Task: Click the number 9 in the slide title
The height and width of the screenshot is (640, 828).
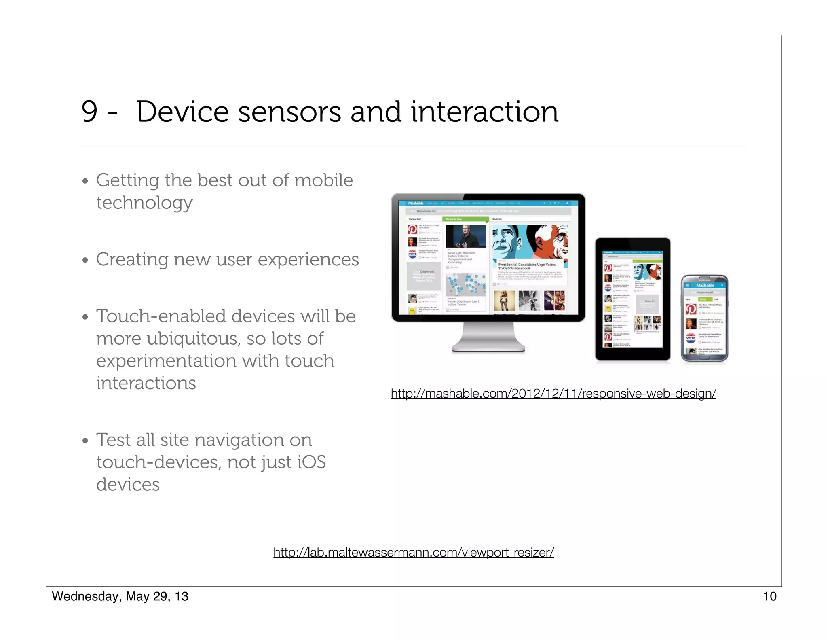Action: point(89,112)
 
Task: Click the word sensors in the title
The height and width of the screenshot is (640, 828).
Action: point(289,112)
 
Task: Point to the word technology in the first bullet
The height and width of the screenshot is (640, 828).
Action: point(144,203)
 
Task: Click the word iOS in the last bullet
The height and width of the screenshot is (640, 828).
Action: point(311,462)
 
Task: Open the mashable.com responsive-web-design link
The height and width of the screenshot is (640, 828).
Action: point(553,393)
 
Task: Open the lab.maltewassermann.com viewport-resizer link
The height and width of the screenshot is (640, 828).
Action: point(413,552)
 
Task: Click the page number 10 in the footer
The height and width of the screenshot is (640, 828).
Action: point(769,596)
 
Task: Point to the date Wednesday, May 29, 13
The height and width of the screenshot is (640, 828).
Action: point(120,596)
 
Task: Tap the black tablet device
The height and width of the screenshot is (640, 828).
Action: point(632,299)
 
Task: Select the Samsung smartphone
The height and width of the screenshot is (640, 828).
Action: point(704,319)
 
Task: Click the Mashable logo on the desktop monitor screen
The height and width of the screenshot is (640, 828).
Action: point(416,203)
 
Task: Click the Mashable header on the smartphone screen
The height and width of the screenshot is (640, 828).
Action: point(705,285)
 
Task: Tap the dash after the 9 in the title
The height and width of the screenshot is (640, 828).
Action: point(113,113)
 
